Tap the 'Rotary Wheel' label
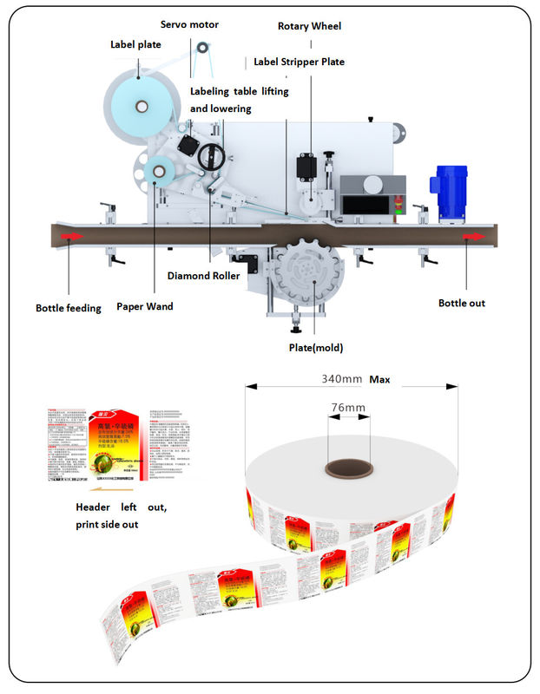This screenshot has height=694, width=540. click(x=309, y=26)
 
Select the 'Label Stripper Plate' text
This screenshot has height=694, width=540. click(x=299, y=62)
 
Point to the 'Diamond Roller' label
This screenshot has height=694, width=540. click(x=202, y=277)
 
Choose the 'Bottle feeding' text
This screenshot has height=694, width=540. click(x=69, y=308)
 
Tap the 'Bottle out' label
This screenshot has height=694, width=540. click(x=461, y=303)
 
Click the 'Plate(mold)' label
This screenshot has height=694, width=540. click(x=316, y=348)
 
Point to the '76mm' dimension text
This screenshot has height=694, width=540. click(x=347, y=408)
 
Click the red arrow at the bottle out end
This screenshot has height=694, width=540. click(x=475, y=235)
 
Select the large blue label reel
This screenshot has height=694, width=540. click(x=142, y=106)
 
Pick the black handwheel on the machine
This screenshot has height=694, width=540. click(x=210, y=157)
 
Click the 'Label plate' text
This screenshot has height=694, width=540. click(x=135, y=44)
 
